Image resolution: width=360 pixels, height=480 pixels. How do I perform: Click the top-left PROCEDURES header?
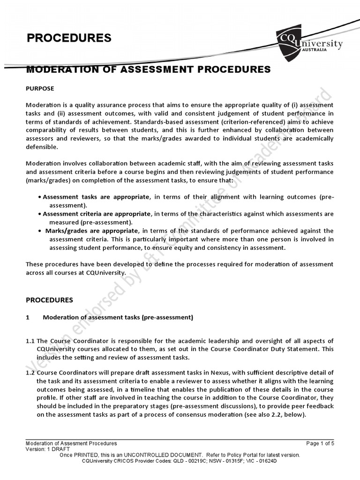69,38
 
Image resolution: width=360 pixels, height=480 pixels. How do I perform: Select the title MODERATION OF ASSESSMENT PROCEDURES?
148,70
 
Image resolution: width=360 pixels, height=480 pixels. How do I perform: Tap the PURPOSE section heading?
40,88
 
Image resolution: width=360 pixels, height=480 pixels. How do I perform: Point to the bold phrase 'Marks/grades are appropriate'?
92,231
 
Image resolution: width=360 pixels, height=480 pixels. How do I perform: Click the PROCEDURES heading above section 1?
49,300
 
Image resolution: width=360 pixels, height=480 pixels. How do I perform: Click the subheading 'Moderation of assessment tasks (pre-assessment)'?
118,317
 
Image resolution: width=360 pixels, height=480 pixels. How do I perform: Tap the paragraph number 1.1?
30,340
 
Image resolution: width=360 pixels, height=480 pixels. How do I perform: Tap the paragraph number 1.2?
30,372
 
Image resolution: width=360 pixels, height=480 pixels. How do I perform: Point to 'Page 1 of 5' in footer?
320,443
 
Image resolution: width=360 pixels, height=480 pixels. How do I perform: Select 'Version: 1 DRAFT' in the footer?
47,449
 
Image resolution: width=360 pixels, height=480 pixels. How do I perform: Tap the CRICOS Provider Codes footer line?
180,461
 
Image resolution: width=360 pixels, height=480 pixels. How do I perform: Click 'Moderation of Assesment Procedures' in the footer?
71,443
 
